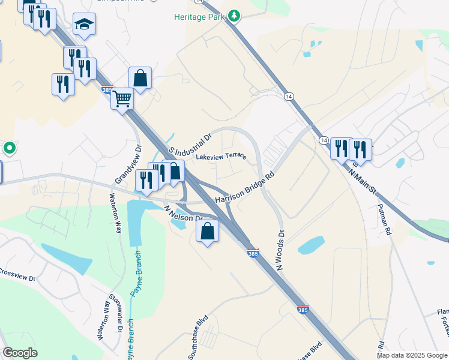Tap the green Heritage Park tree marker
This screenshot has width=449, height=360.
point(234,16)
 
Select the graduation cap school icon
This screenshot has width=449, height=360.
point(85,25)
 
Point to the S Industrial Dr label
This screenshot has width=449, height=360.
point(191,143)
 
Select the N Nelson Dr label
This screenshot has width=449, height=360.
point(184,214)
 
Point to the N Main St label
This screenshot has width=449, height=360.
point(363,181)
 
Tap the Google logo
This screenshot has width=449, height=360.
point(20,353)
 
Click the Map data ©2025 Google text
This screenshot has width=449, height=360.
point(411,355)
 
